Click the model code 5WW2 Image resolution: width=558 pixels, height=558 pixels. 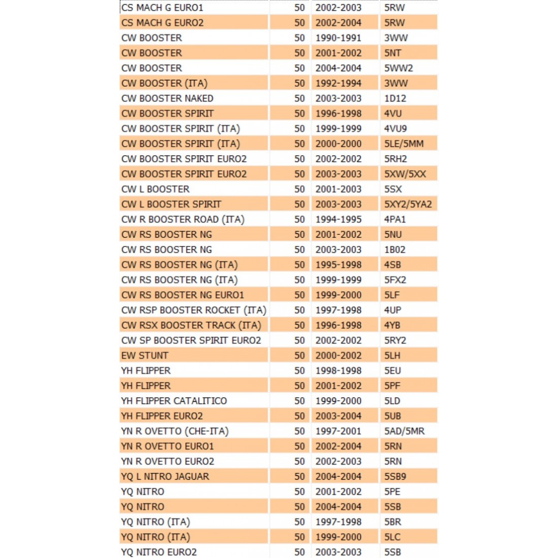[398, 68]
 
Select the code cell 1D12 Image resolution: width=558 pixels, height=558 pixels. [395, 98]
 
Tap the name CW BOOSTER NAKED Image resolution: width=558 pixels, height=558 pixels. [167, 98]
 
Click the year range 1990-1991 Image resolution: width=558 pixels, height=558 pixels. [338, 38]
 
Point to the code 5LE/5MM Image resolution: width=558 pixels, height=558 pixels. [404, 144]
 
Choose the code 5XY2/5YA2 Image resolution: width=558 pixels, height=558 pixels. [408, 204]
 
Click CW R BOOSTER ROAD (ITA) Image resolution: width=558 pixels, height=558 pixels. [183, 220]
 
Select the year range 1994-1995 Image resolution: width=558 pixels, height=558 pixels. [338, 220]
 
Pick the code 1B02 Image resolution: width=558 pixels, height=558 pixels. [395, 250]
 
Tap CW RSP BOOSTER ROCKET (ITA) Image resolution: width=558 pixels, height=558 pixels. [194, 310]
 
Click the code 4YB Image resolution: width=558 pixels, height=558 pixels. [392, 325]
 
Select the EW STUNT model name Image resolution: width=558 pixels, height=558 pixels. [145, 356]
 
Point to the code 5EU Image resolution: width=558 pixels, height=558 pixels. [393, 371]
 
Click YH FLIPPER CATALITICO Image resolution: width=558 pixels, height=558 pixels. [174, 401]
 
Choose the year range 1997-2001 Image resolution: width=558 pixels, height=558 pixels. [338, 431]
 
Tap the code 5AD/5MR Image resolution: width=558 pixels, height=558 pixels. [404, 431]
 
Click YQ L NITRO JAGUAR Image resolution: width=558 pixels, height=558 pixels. [165, 476]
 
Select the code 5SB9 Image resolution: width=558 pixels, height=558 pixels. [395, 476]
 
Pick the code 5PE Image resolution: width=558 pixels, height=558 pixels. [392, 492]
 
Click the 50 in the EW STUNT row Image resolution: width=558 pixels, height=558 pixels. [299, 356]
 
